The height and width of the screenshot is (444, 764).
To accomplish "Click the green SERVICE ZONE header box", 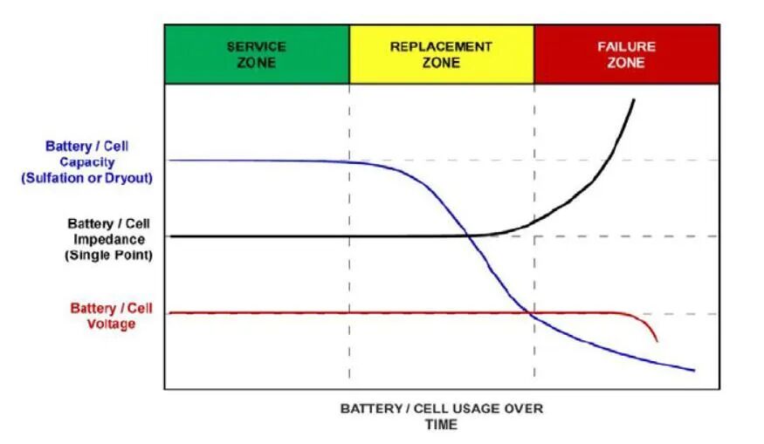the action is (x=258, y=55).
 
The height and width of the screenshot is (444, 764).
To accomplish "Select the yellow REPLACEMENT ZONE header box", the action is (x=442, y=55).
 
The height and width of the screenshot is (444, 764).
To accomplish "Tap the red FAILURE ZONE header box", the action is (x=627, y=55).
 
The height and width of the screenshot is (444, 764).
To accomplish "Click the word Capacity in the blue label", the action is (x=87, y=162).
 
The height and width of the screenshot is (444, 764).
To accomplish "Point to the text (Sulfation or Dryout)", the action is (x=86, y=178).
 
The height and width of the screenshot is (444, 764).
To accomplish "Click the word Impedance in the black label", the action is (x=109, y=240).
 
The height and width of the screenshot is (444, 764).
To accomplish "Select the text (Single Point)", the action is (x=108, y=255).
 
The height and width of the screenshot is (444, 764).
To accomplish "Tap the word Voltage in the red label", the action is (x=111, y=324).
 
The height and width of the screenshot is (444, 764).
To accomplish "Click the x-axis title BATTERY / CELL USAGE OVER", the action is (x=442, y=408).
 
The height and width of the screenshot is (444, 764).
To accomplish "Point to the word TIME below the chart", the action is (x=442, y=425).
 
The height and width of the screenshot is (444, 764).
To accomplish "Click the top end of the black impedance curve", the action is (x=634, y=99).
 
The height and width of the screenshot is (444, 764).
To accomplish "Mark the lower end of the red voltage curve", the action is (x=657, y=341).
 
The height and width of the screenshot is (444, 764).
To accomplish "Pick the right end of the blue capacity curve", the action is (x=694, y=371).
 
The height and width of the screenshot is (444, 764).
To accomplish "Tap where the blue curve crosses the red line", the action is (x=527, y=312).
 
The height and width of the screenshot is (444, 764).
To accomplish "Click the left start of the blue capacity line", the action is (x=169, y=161).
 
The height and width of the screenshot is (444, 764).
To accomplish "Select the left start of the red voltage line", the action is (x=169, y=313).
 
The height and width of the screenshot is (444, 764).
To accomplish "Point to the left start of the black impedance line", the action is (x=170, y=236).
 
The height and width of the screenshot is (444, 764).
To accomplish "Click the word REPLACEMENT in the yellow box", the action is (x=441, y=47).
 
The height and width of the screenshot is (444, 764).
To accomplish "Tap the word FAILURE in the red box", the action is (x=627, y=47).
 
